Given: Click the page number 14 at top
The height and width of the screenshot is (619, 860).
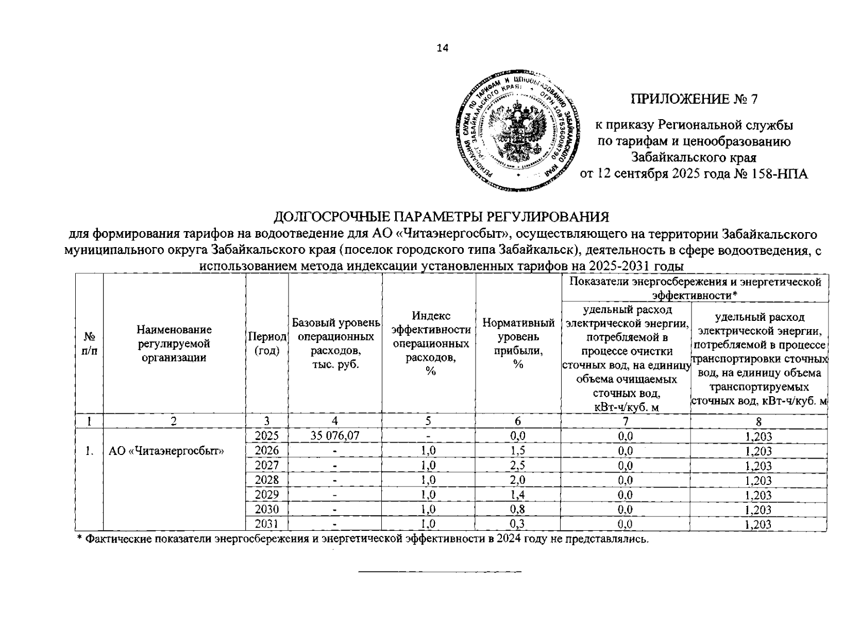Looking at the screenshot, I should pos(442,48).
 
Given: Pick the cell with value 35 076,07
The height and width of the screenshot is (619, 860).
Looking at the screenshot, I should pos(335,436).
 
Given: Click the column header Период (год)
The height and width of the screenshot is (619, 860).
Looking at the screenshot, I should pos(267,344).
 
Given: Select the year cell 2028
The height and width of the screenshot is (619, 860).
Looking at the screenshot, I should pos(267,480).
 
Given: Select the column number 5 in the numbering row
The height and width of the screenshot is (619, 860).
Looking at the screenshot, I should pos(429,421).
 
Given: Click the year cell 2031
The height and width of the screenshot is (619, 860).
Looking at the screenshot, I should pos(267,524).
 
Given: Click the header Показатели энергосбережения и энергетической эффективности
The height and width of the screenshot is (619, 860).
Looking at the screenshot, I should pos(695,288).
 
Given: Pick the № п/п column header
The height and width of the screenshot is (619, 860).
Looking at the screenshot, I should pos(90,344).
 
